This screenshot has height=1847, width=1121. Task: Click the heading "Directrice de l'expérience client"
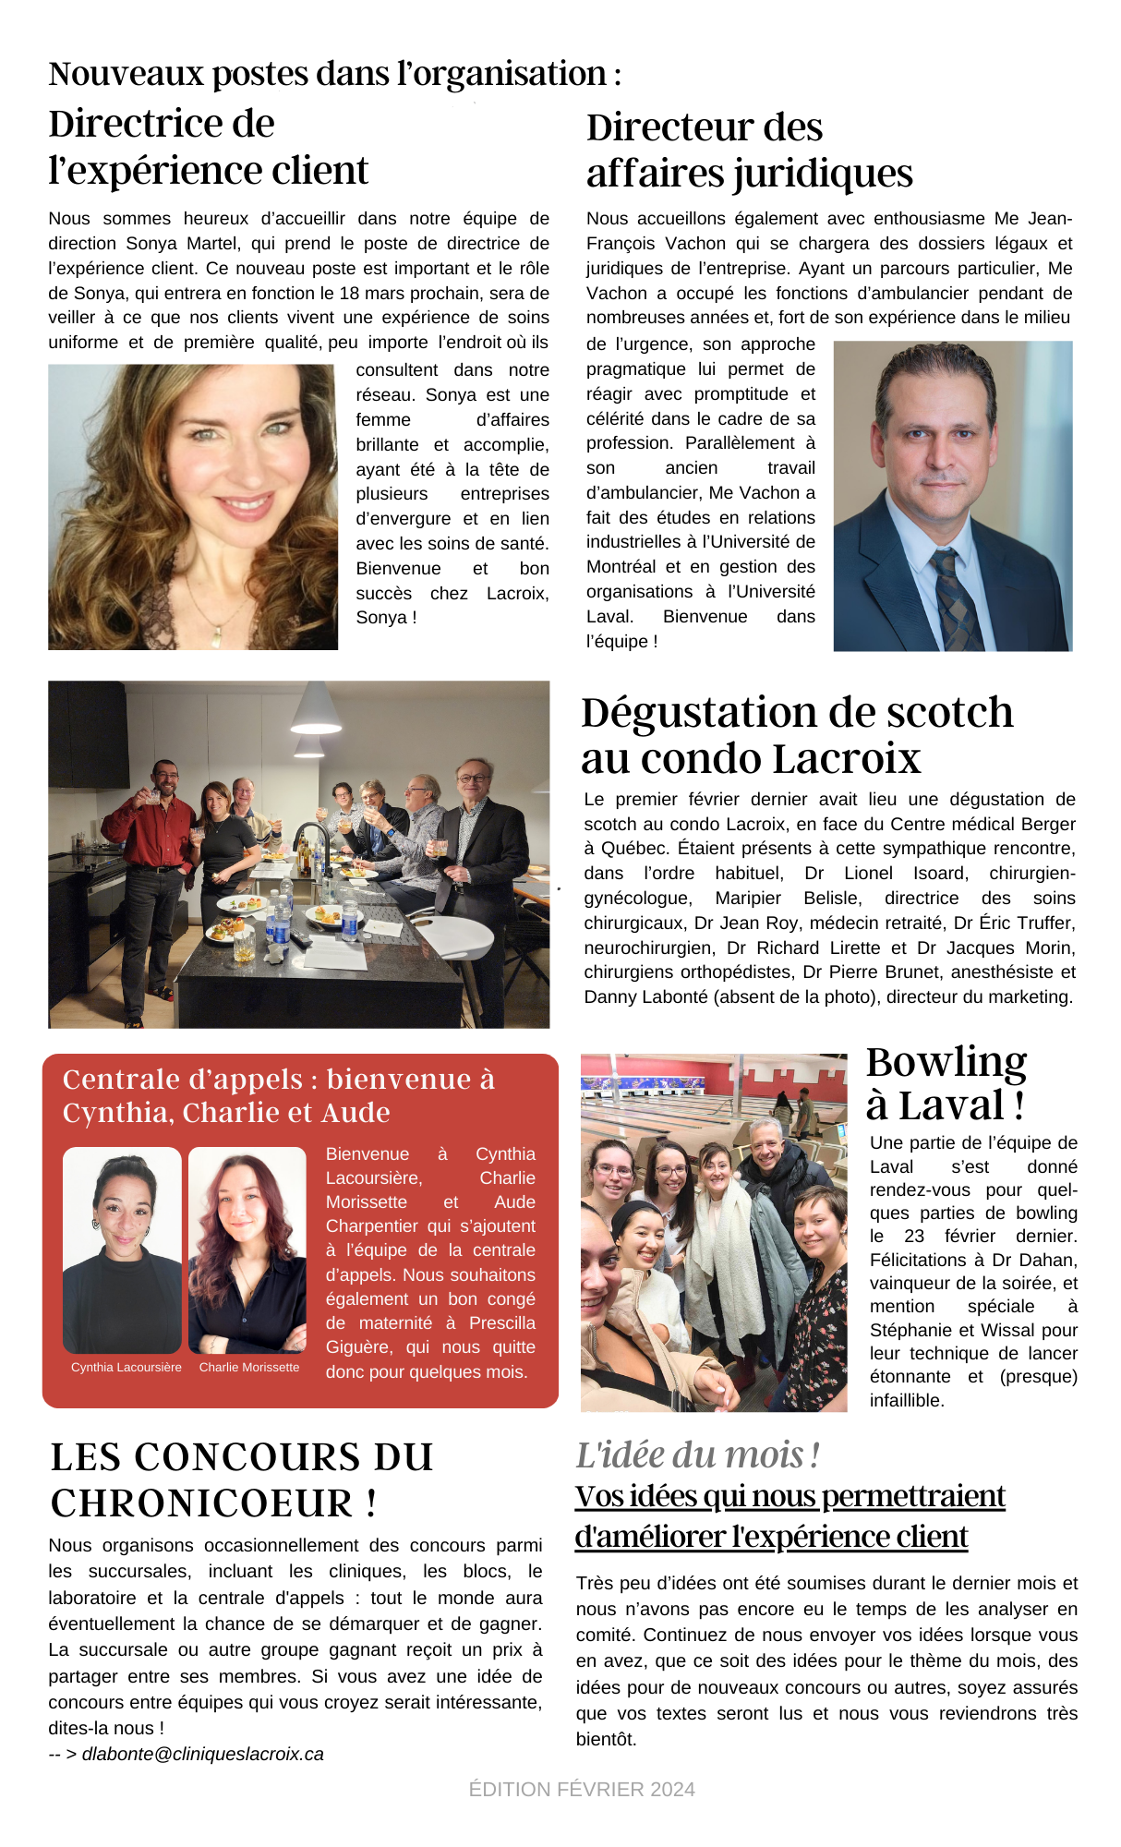coord(208,147)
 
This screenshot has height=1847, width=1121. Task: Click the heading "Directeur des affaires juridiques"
coord(749,151)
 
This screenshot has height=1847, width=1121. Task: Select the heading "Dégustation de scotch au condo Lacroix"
coord(796,735)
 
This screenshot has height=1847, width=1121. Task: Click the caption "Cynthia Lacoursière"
coord(127,1367)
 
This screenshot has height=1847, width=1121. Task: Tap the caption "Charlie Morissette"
coord(249,1367)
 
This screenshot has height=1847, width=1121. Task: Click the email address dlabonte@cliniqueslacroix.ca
coord(203,1754)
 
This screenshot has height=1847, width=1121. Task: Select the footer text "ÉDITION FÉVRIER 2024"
coord(582,1789)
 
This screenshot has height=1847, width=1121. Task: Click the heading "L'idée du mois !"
coord(697,1455)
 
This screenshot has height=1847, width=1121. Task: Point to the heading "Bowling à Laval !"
coord(946,1082)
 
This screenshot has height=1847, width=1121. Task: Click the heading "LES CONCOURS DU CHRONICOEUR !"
coord(241,1479)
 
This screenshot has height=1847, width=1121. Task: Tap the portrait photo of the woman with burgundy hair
coord(247,1249)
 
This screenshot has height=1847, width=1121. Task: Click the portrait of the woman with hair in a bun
coord(122,1249)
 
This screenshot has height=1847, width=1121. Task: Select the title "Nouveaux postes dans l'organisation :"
coord(334,74)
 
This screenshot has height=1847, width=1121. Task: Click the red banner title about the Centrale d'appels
coord(279,1095)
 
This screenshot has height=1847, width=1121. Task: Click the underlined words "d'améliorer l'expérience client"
coord(771,1536)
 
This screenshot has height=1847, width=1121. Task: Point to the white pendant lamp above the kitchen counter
coord(317,711)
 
